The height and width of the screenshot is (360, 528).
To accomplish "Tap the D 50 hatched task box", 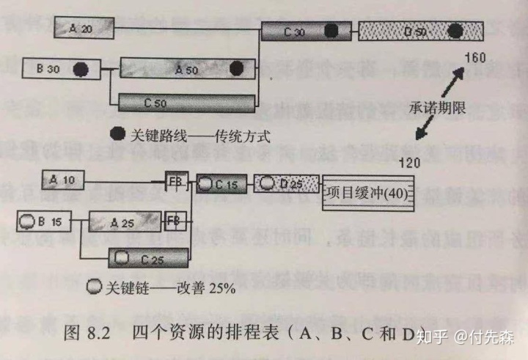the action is (x=421, y=32).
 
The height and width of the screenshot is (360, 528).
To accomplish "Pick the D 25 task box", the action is (x=287, y=183).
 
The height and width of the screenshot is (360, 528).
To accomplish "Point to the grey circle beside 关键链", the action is (x=94, y=287).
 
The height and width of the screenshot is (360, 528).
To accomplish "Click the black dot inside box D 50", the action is (x=456, y=32).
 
